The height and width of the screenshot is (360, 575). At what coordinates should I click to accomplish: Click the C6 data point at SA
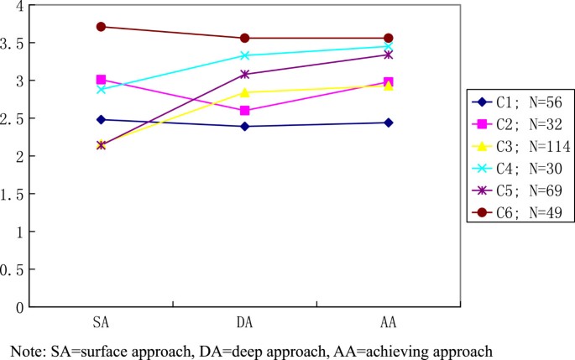coord(101,26)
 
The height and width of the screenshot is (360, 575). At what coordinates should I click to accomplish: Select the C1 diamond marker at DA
coord(244,126)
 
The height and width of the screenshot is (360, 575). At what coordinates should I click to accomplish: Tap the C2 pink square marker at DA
coord(244,111)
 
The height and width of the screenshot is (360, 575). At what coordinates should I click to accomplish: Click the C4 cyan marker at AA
coord(388,46)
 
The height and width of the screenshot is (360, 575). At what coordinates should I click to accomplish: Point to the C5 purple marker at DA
coord(244,75)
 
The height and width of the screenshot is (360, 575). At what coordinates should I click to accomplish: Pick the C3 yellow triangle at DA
coord(244,91)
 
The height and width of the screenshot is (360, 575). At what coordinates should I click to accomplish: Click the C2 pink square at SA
coord(101,80)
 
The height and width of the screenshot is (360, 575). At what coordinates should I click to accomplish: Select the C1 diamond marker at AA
coord(388,123)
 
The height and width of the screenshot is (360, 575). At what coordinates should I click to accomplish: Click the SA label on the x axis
coord(101,322)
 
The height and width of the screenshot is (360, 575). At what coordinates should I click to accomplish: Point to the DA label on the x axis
coord(244,322)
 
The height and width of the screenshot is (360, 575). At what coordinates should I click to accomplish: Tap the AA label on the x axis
coord(388,322)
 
